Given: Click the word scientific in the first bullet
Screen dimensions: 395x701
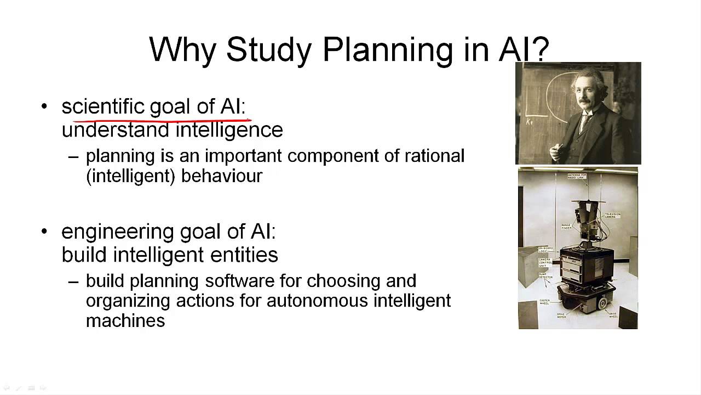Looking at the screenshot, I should [x=102, y=106].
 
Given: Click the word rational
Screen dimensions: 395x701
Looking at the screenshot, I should [x=434, y=156].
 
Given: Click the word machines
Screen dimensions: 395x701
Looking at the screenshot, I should [x=125, y=320].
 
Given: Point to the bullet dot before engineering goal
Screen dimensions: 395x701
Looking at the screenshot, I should [x=44, y=232].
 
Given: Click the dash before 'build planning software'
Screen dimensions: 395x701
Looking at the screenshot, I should [x=73, y=281].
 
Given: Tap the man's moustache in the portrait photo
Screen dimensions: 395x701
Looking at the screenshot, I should [x=585, y=103].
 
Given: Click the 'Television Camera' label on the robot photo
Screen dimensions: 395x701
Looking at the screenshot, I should [x=612, y=215].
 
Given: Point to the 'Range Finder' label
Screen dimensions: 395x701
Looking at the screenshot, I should [x=567, y=227].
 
